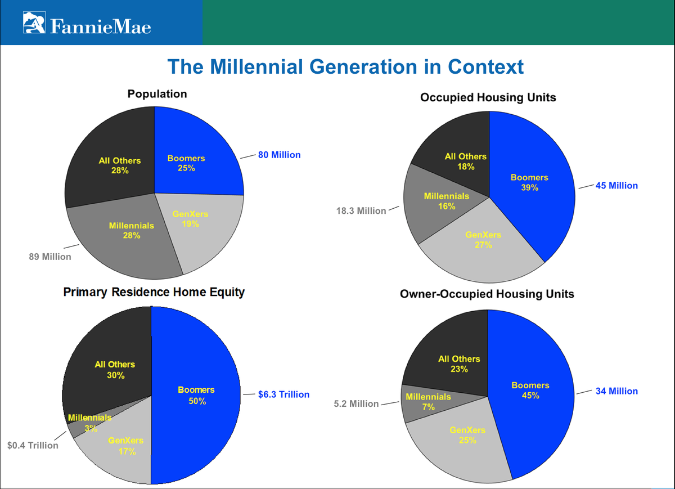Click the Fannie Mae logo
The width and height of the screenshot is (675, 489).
87,23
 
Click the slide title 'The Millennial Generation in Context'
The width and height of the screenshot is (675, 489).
345,66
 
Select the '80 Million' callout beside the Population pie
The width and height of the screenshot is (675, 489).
279,155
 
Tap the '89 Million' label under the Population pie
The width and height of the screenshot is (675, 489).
50,257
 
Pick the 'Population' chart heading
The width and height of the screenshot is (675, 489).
157,94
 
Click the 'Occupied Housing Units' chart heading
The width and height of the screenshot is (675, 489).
488,97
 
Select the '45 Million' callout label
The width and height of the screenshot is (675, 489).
616,185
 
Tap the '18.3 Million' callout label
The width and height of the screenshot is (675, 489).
361,211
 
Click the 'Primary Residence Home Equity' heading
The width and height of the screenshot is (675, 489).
154,293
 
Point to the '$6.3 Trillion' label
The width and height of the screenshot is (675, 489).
283,394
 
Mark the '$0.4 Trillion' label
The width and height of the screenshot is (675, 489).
33,445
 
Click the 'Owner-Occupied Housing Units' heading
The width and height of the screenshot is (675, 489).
487,294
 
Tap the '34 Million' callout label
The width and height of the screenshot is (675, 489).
616,391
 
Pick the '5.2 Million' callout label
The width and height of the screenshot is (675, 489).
356,404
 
